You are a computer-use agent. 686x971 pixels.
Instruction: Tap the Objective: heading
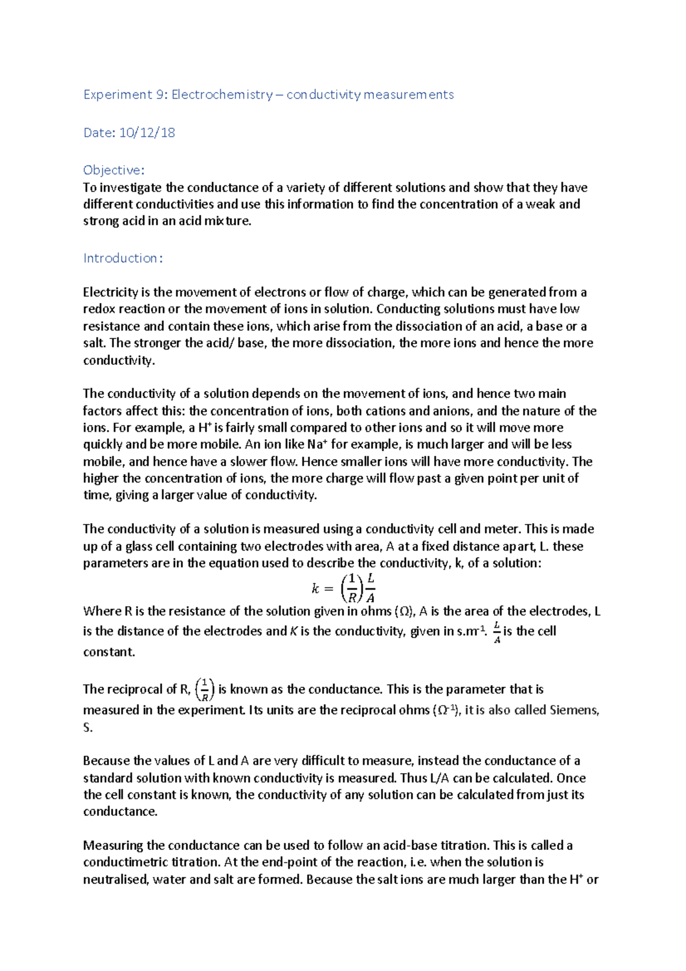(114, 170)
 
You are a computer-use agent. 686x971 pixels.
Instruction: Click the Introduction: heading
(123, 258)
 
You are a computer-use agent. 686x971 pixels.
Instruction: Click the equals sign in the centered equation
(328, 588)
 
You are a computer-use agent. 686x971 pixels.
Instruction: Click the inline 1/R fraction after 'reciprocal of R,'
(205, 689)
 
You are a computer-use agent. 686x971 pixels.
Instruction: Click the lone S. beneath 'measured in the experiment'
(88, 727)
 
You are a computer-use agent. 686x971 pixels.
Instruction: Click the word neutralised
(116, 879)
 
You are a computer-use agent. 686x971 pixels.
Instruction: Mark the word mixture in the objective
(229, 221)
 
